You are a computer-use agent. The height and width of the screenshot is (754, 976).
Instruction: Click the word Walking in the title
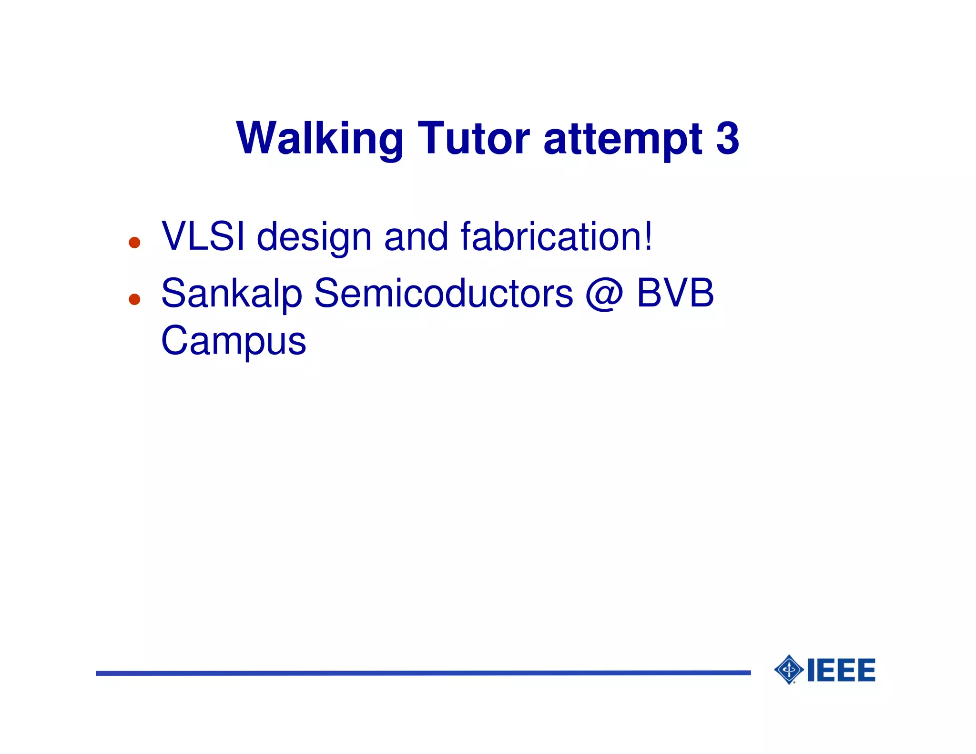point(319,139)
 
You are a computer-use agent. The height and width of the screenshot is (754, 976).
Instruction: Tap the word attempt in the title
point(622,139)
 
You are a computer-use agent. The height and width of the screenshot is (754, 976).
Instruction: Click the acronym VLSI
point(203,236)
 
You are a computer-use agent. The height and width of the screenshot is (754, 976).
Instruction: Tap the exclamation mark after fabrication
point(648,236)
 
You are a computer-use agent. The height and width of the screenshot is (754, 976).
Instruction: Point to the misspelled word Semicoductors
point(443,294)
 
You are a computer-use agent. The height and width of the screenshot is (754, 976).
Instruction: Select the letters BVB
point(675,293)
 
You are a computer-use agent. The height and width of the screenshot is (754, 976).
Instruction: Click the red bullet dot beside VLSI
point(135,243)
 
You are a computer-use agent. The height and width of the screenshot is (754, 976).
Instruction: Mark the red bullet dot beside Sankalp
point(135,299)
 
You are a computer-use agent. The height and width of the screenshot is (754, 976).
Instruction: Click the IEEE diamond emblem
point(789,670)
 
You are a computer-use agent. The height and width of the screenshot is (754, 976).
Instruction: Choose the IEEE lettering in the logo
point(841,670)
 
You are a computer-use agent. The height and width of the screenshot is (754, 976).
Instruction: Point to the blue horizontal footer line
point(423,673)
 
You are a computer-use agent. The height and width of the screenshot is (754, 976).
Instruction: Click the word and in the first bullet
point(416,236)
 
